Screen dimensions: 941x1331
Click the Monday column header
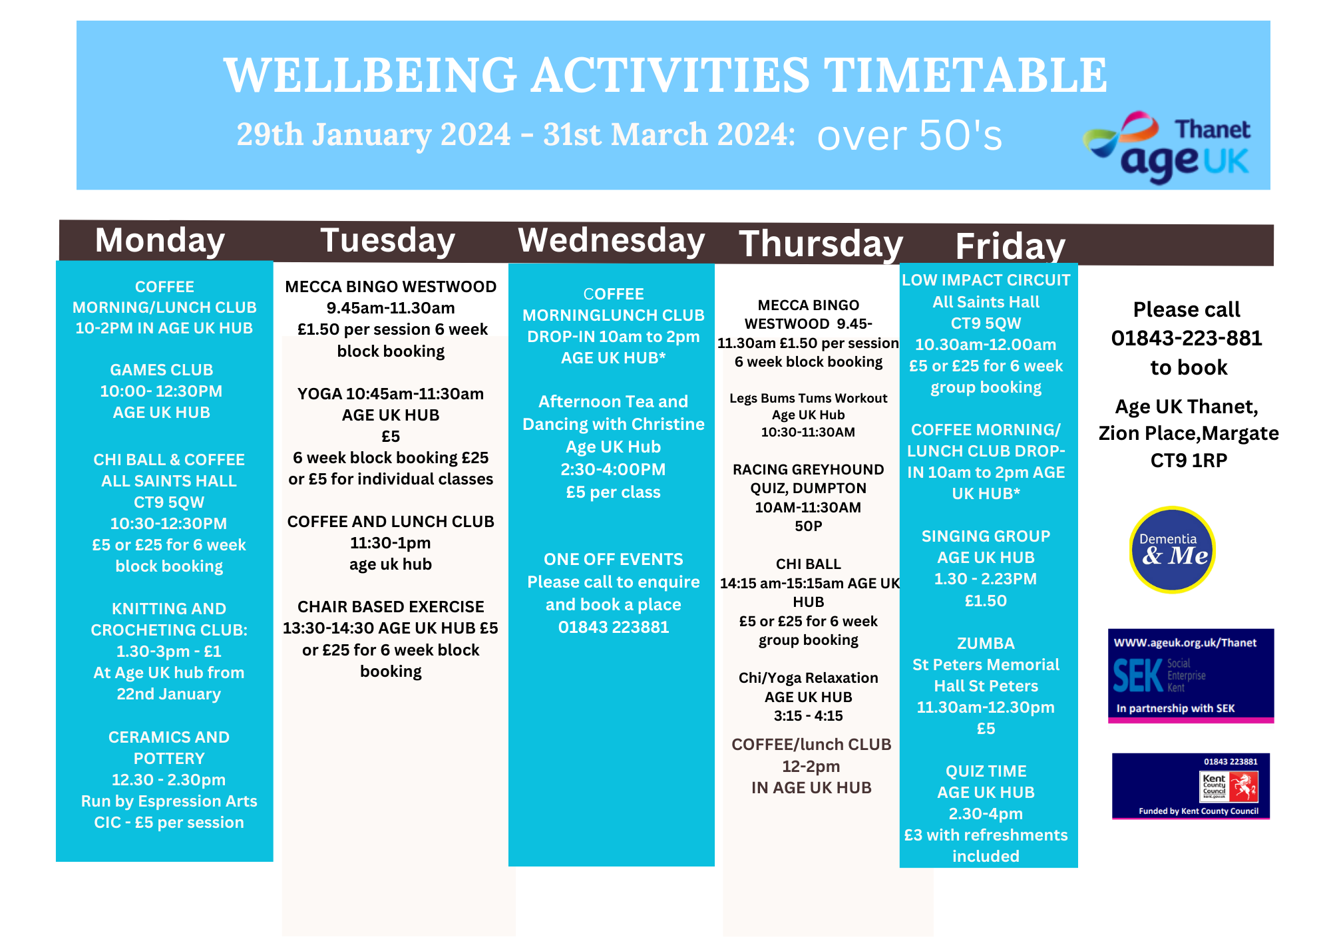(160, 240)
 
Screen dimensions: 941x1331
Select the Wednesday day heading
(611, 240)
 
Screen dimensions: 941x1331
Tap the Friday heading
(1010, 246)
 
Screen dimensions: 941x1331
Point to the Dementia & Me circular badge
(1172, 550)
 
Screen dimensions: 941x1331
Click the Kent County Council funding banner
(1191, 786)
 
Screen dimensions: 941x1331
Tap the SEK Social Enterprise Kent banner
(1191, 675)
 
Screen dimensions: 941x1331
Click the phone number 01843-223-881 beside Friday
(1187, 338)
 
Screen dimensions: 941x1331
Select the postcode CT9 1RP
(1189, 461)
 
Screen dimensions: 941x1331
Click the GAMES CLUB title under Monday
(162, 370)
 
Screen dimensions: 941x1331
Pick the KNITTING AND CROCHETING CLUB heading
(169, 619)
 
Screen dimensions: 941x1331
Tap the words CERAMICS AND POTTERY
(169, 747)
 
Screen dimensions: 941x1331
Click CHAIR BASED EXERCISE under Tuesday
(391, 607)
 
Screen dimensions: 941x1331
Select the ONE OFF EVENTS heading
(613, 559)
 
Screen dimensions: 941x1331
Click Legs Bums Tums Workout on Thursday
(808, 398)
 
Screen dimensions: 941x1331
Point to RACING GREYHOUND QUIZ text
(808, 478)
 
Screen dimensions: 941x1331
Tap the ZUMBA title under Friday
(986, 644)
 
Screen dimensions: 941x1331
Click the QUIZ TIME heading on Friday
(986, 771)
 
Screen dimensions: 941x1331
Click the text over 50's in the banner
(909, 136)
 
